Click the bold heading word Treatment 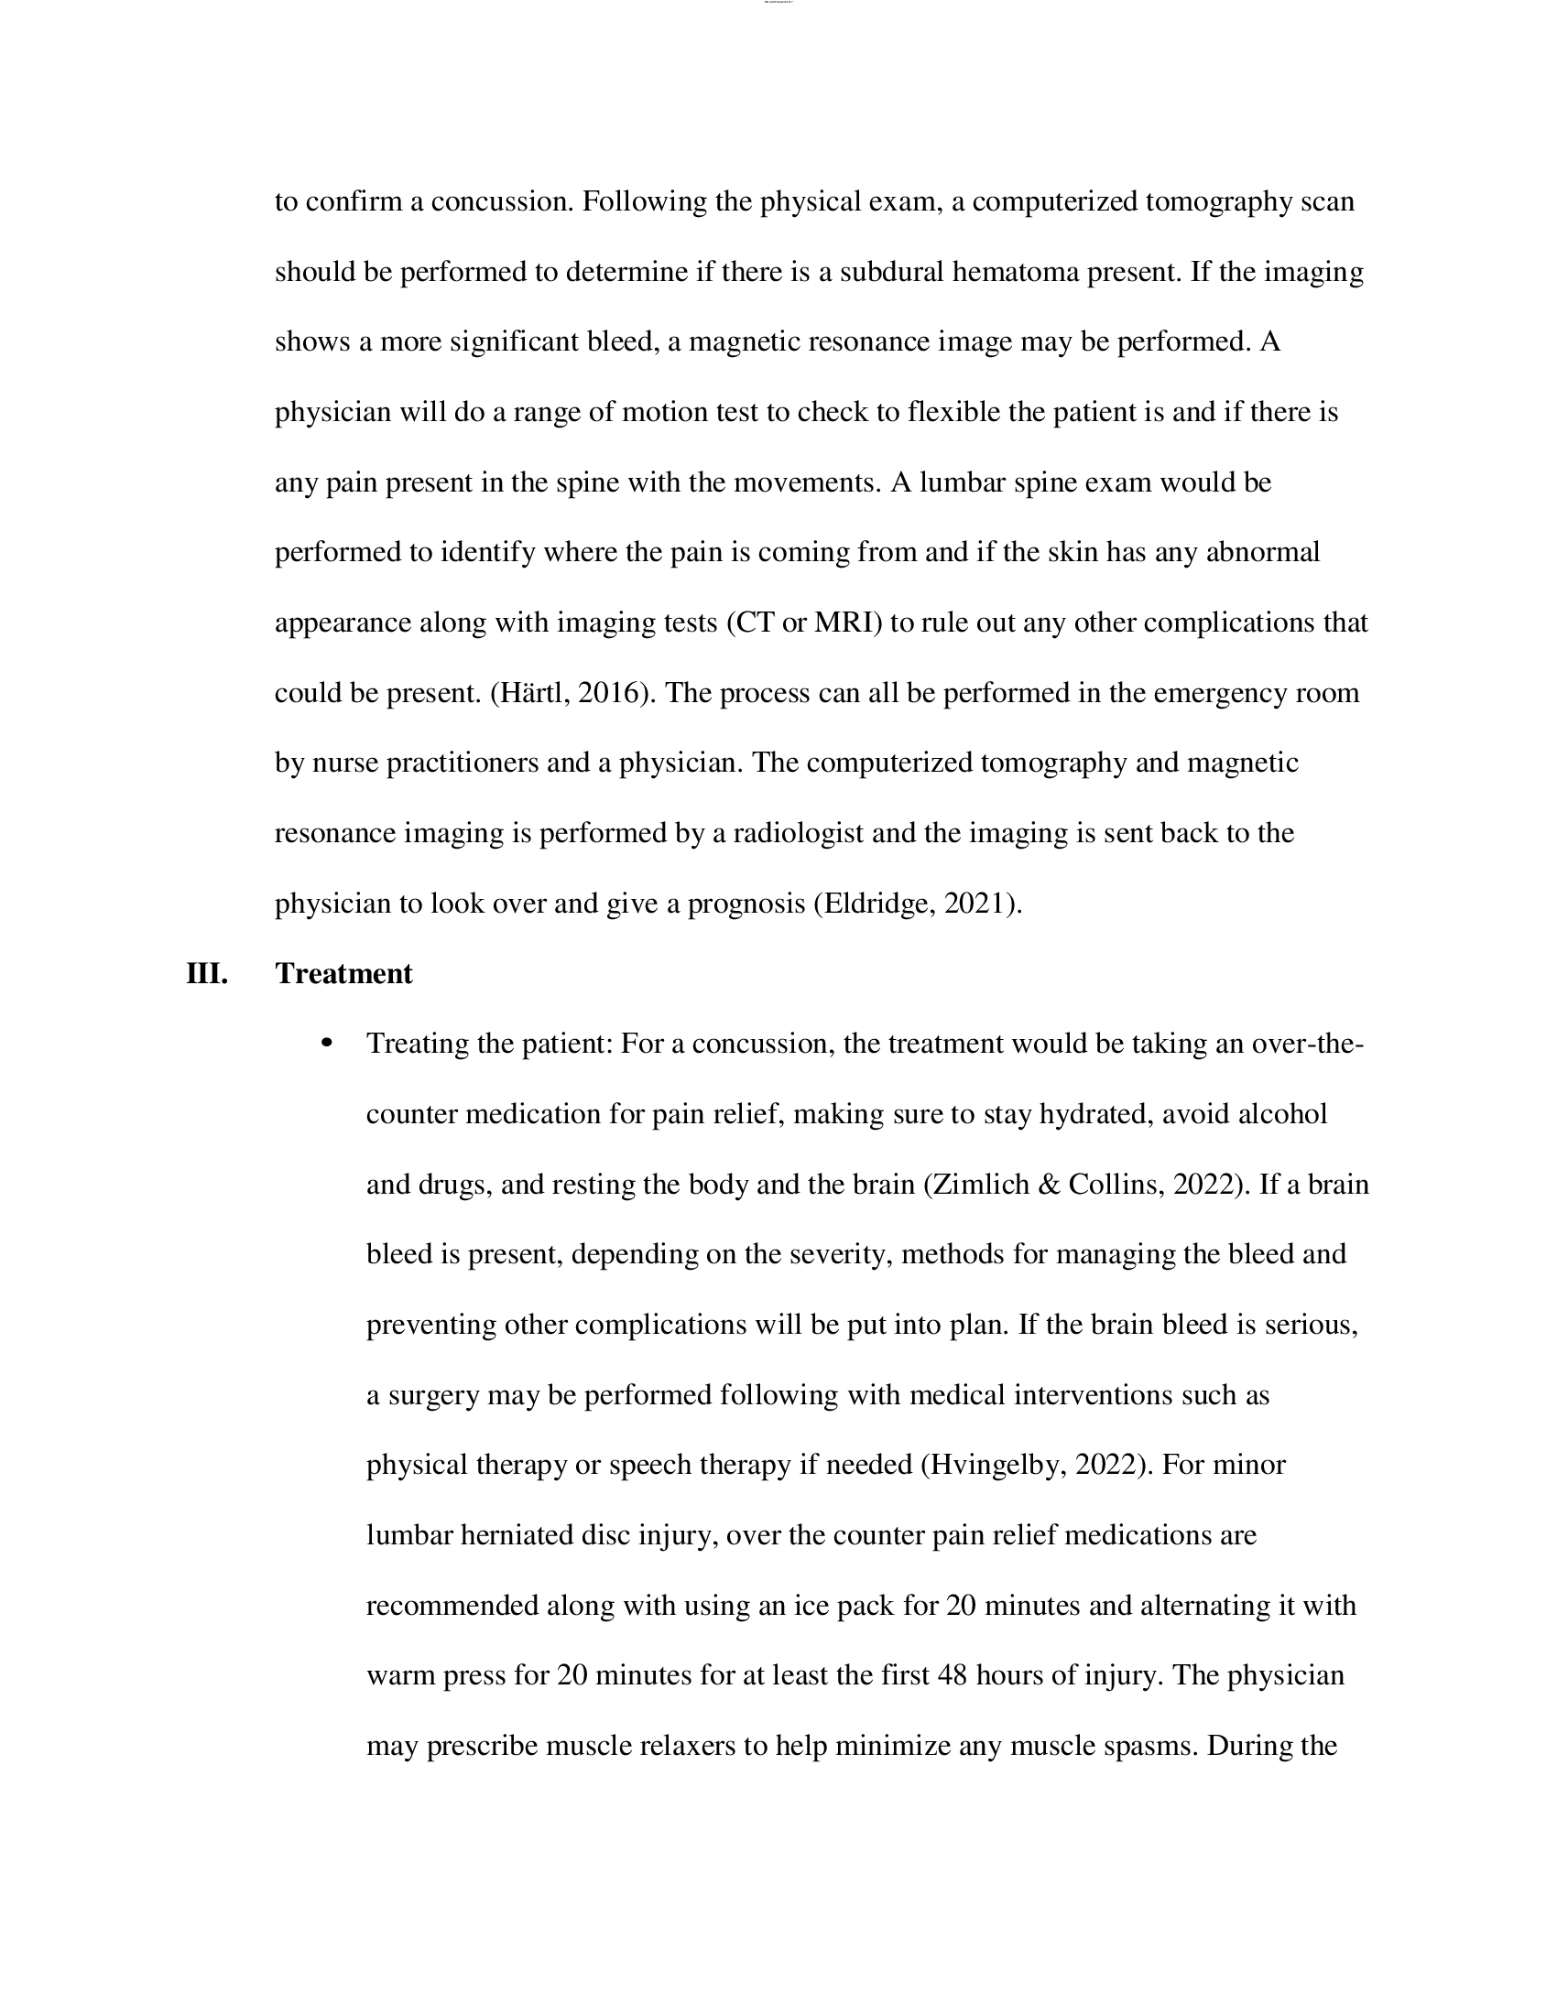pyautogui.click(x=343, y=974)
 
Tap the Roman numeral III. pyautogui.click(x=207, y=974)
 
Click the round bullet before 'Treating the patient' pyautogui.click(x=325, y=1044)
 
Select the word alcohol pyautogui.click(x=1281, y=1114)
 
